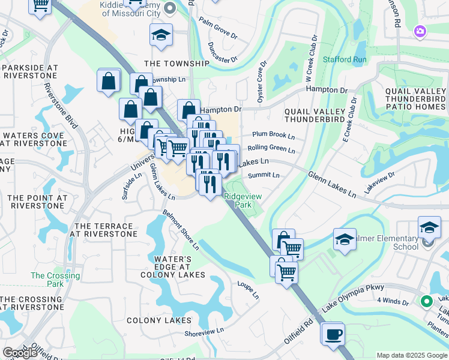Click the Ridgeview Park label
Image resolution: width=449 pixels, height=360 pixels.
[x=238, y=200]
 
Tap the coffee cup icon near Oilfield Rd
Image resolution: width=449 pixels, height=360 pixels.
[x=332, y=334]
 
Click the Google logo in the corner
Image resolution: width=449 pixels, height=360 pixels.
[x=20, y=353]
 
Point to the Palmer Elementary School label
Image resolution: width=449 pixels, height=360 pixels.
[x=396, y=242]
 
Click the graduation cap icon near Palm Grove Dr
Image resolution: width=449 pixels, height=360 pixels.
[x=161, y=35]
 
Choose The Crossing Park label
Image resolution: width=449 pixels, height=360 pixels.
[x=47, y=280]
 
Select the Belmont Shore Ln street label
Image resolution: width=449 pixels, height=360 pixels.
[x=181, y=230]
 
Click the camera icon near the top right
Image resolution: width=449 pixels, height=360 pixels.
[x=420, y=31]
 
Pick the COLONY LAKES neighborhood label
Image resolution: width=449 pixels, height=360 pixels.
[x=158, y=320]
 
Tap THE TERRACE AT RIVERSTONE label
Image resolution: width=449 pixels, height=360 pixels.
[x=102, y=230]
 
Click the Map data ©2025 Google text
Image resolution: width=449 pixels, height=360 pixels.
[x=411, y=355]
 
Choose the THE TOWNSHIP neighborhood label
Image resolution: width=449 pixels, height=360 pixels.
[x=176, y=63]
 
